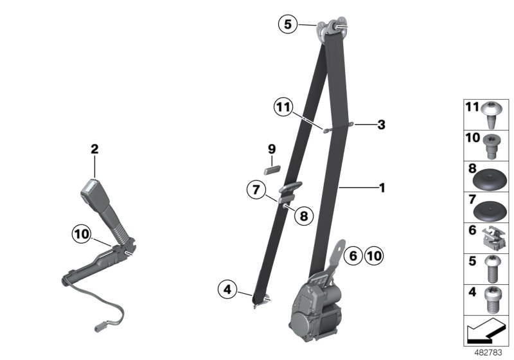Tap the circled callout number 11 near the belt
click(x=282, y=107)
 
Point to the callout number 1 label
click(x=382, y=188)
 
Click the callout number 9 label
click(x=272, y=149)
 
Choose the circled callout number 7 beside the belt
click(x=256, y=190)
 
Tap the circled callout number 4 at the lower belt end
click(x=227, y=291)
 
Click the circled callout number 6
click(x=352, y=256)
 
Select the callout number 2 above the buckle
click(x=94, y=149)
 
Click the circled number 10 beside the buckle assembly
click(x=82, y=235)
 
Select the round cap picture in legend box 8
click(x=490, y=177)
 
